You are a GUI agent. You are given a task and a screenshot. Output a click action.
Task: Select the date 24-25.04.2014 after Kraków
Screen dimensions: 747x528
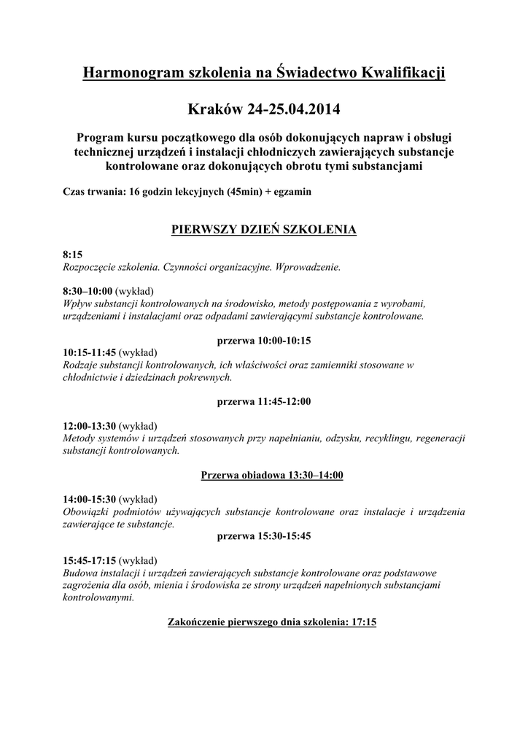coord(294,110)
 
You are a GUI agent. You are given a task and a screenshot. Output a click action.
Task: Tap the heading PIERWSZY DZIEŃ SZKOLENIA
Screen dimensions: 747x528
coord(263,229)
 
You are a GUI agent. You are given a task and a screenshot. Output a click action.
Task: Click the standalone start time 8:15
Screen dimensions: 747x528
coord(73,255)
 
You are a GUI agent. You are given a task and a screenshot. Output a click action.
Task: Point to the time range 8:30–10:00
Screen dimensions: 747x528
coord(88,290)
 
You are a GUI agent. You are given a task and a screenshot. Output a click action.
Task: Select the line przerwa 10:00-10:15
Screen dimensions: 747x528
coord(264,341)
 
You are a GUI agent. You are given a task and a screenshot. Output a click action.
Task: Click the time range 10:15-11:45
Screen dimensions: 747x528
coord(90,352)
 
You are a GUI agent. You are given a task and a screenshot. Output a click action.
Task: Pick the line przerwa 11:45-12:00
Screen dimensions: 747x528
coord(264,401)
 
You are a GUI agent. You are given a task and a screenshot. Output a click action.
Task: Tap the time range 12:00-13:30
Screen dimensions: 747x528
coord(90,426)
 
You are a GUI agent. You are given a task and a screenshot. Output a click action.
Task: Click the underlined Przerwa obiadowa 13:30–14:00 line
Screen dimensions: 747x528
coord(271,475)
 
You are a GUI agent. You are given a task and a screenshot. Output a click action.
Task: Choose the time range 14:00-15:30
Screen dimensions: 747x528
coord(90,500)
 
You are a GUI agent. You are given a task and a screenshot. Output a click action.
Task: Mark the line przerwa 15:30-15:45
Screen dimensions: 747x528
coord(264,535)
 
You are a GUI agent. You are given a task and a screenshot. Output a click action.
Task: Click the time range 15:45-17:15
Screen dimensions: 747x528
coord(90,561)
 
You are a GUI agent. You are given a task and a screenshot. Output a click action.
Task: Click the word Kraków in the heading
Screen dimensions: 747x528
coord(215,110)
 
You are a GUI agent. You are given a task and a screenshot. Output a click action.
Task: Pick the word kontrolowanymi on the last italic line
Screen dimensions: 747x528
coord(98,597)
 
